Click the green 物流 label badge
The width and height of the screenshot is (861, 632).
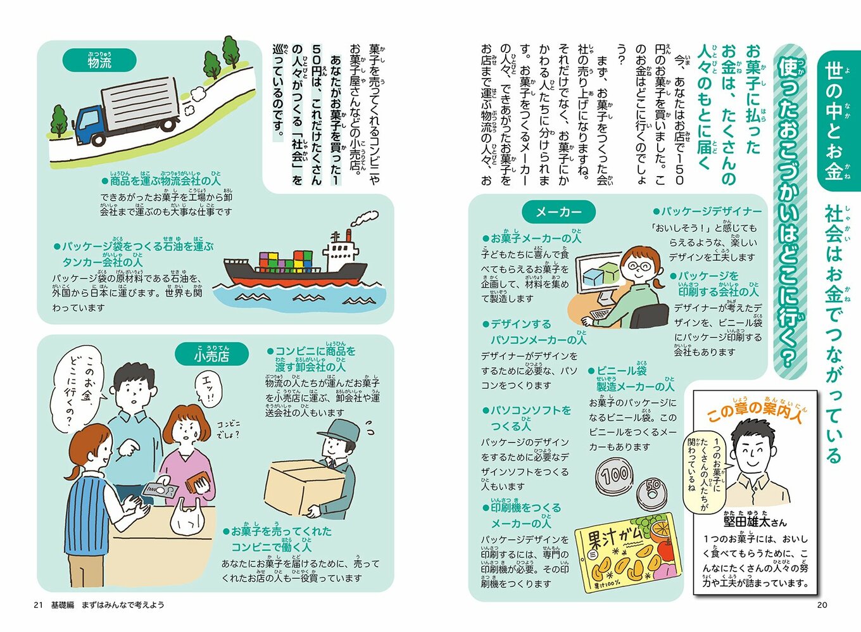[x=99, y=61]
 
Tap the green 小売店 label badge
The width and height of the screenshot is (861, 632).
[x=211, y=355]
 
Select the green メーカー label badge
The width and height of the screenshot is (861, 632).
[x=558, y=212]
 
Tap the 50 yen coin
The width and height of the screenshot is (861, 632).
[x=651, y=491]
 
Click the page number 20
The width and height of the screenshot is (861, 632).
[x=822, y=605]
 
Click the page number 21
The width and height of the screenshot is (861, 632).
[x=38, y=605]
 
